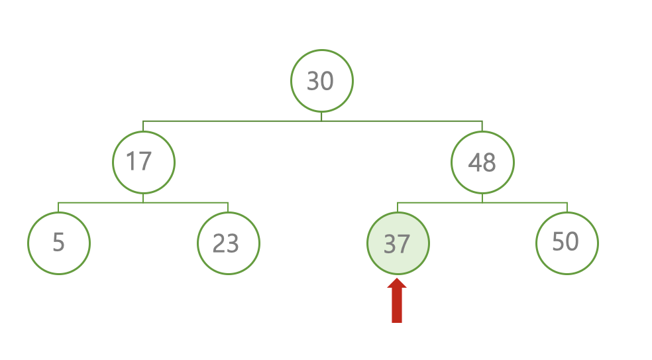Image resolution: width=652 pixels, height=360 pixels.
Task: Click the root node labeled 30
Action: pos(321,81)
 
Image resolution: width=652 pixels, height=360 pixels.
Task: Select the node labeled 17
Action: pos(143,162)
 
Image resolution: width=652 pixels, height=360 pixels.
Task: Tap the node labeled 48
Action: pos(482,162)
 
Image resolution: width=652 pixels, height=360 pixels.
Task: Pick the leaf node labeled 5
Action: pos(58,243)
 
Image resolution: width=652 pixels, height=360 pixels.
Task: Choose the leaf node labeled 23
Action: pos(228,243)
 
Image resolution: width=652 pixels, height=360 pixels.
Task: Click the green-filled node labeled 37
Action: pos(398,243)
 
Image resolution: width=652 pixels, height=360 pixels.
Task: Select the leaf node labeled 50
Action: pos(567,243)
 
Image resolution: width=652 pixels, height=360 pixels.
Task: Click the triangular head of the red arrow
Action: pos(397,284)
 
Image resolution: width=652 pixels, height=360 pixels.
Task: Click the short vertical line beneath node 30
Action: pos(321,117)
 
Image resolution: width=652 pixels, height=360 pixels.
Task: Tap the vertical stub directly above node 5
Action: pos(58,207)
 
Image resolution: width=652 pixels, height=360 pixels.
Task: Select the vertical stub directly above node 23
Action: pos(228,207)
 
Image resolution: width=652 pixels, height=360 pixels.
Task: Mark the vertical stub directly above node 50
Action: pos(567,207)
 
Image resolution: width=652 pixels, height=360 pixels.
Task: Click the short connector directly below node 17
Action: pos(143,198)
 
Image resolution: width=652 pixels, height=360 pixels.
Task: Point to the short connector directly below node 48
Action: pos(482,198)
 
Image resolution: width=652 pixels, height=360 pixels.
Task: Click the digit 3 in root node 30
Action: pos(313,82)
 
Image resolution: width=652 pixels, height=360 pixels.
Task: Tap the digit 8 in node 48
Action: pos(490,162)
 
